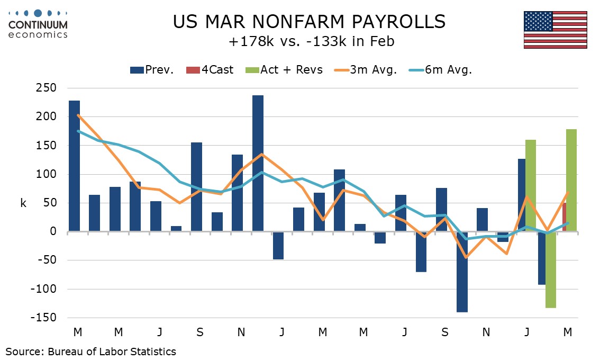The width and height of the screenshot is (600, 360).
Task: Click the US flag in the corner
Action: coord(556,30)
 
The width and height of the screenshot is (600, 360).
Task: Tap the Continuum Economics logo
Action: coord(38,24)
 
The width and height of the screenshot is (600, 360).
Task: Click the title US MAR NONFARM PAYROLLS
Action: coord(310,22)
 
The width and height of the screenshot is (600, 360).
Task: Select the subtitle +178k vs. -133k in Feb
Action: coord(310,41)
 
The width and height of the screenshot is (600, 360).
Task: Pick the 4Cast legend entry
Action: coord(212,70)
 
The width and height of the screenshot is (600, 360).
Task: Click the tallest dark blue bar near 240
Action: coord(258,163)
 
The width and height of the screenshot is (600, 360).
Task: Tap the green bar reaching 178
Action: coord(571,180)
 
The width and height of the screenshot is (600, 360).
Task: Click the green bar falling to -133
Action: coord(551,269)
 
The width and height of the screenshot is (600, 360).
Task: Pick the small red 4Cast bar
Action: coord(564,217)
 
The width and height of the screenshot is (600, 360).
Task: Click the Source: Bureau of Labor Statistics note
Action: coord(90,351)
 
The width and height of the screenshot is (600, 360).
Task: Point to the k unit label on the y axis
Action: coord(23,203)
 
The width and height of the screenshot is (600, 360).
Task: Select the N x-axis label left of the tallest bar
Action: coord(241,332)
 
